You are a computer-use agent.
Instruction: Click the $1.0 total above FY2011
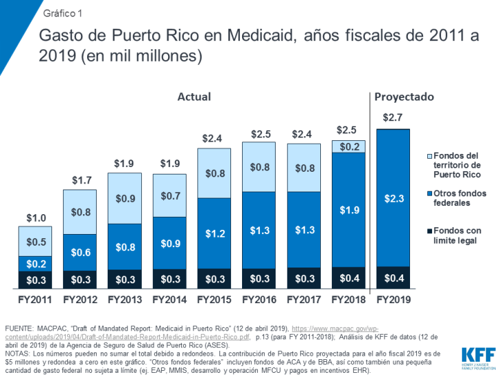tap(36, 218)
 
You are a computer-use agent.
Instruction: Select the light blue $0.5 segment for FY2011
tap(36, 242)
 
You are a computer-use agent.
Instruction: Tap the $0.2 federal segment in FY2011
tap(36, 264)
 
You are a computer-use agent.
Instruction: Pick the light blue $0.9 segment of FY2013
tap(125, 198)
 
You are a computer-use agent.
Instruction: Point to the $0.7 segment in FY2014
tap(169, 196)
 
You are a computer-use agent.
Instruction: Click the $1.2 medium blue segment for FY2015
tap(214, 233)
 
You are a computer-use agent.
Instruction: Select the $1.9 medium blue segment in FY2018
tap(348, 209)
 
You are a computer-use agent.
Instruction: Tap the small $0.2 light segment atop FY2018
tap(348, 146)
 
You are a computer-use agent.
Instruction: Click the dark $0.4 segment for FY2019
tap(393, 278)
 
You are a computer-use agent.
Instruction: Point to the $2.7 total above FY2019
tap(393, 118)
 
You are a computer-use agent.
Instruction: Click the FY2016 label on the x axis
tap(259, 299)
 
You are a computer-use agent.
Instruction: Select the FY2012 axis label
tap(80, 299)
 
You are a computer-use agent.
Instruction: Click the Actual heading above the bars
tap(194, 97)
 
